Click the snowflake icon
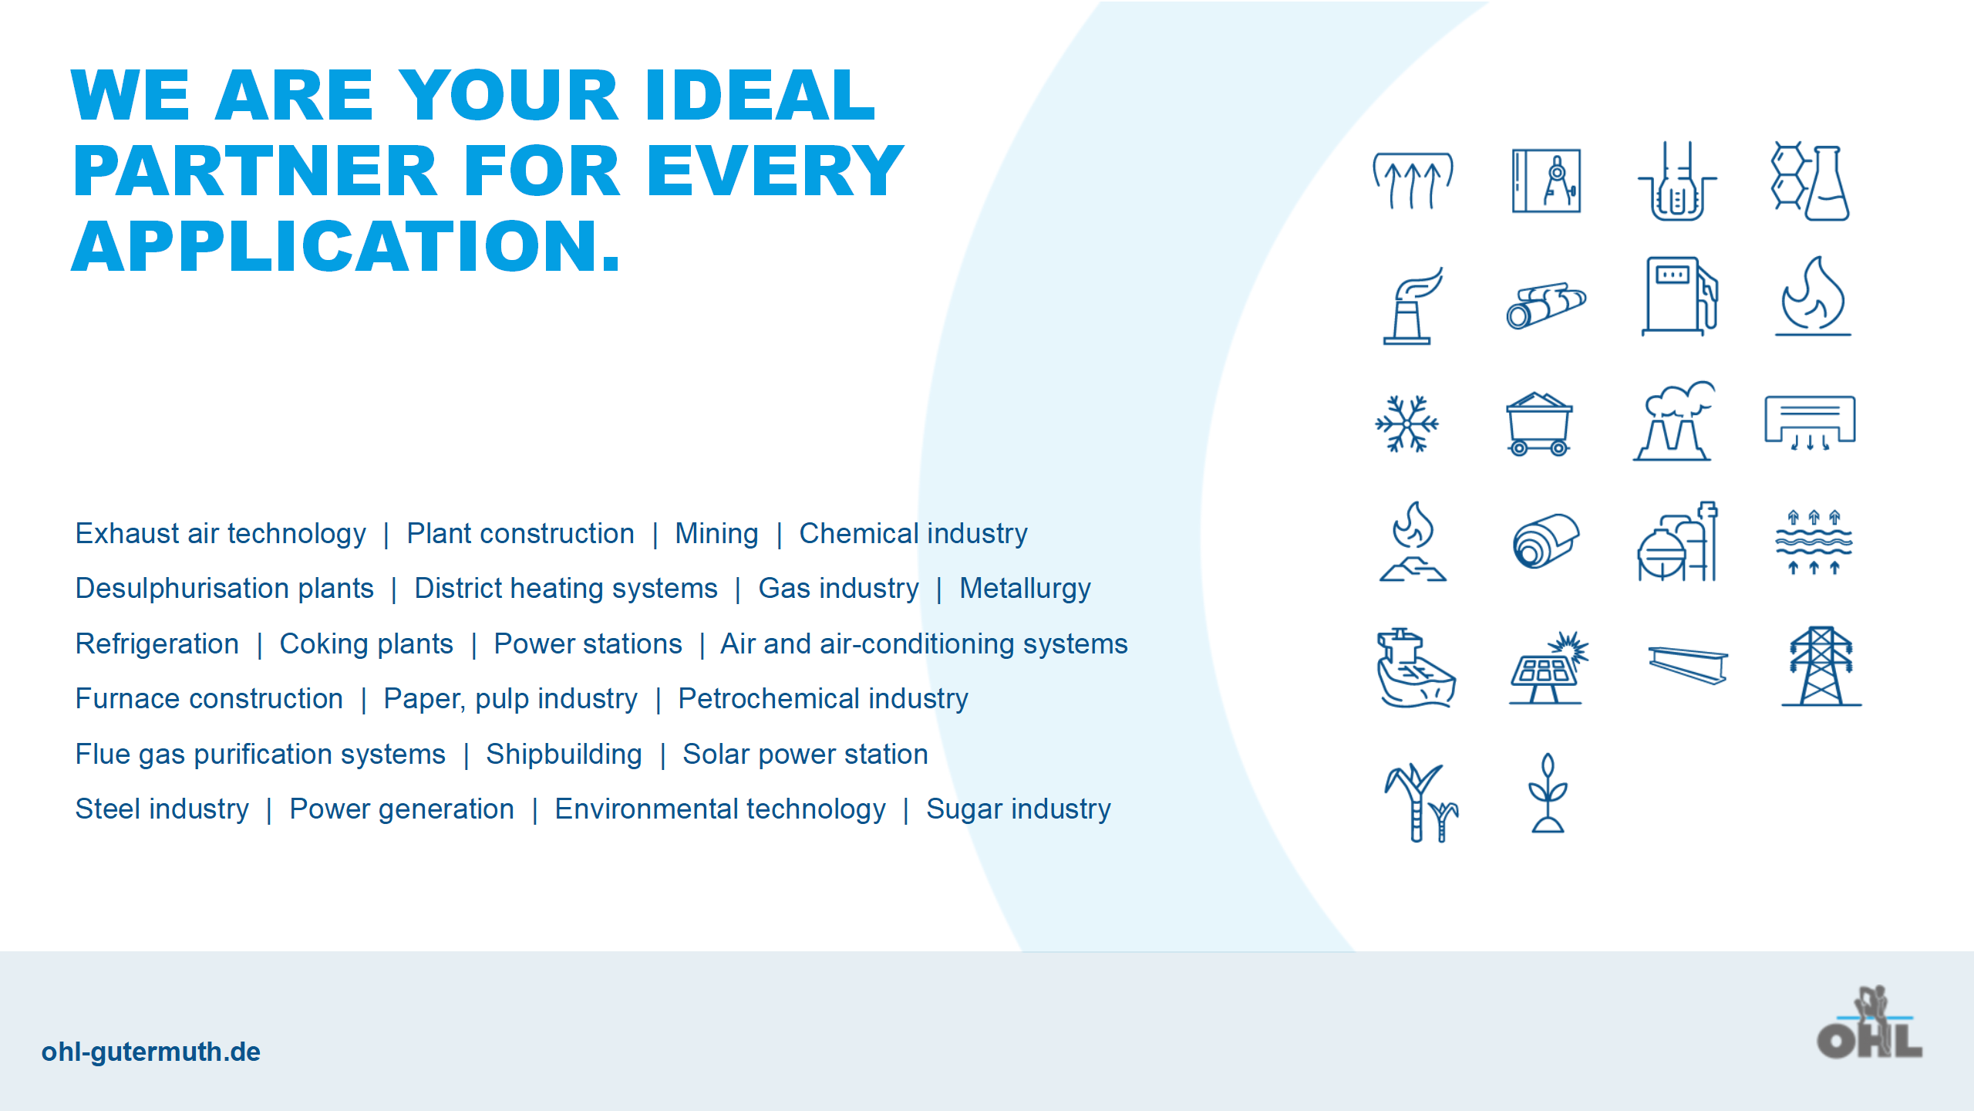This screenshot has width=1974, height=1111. [1407, 424]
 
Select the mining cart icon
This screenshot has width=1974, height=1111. [1539, 424]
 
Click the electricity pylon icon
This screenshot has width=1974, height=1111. [1821, 667]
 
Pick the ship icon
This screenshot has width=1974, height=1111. [1416, 668]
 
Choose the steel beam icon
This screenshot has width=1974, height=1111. [1688, 665]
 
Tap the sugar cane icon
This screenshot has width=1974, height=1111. [1420, 802]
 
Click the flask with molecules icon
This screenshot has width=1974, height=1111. [1811, 181]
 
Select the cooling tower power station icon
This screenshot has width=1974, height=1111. [1673, 421]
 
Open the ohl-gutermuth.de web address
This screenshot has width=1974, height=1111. [151, 1052]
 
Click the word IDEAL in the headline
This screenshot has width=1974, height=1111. [760, 96]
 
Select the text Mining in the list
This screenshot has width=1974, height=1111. [716, 534]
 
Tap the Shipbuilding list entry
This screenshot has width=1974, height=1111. [564, 755]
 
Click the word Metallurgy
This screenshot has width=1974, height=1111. [1025, 589]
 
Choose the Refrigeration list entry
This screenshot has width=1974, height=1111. [157, 644]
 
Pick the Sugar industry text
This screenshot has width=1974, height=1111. [1019, 809]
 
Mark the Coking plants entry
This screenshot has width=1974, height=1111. [366, 644]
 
